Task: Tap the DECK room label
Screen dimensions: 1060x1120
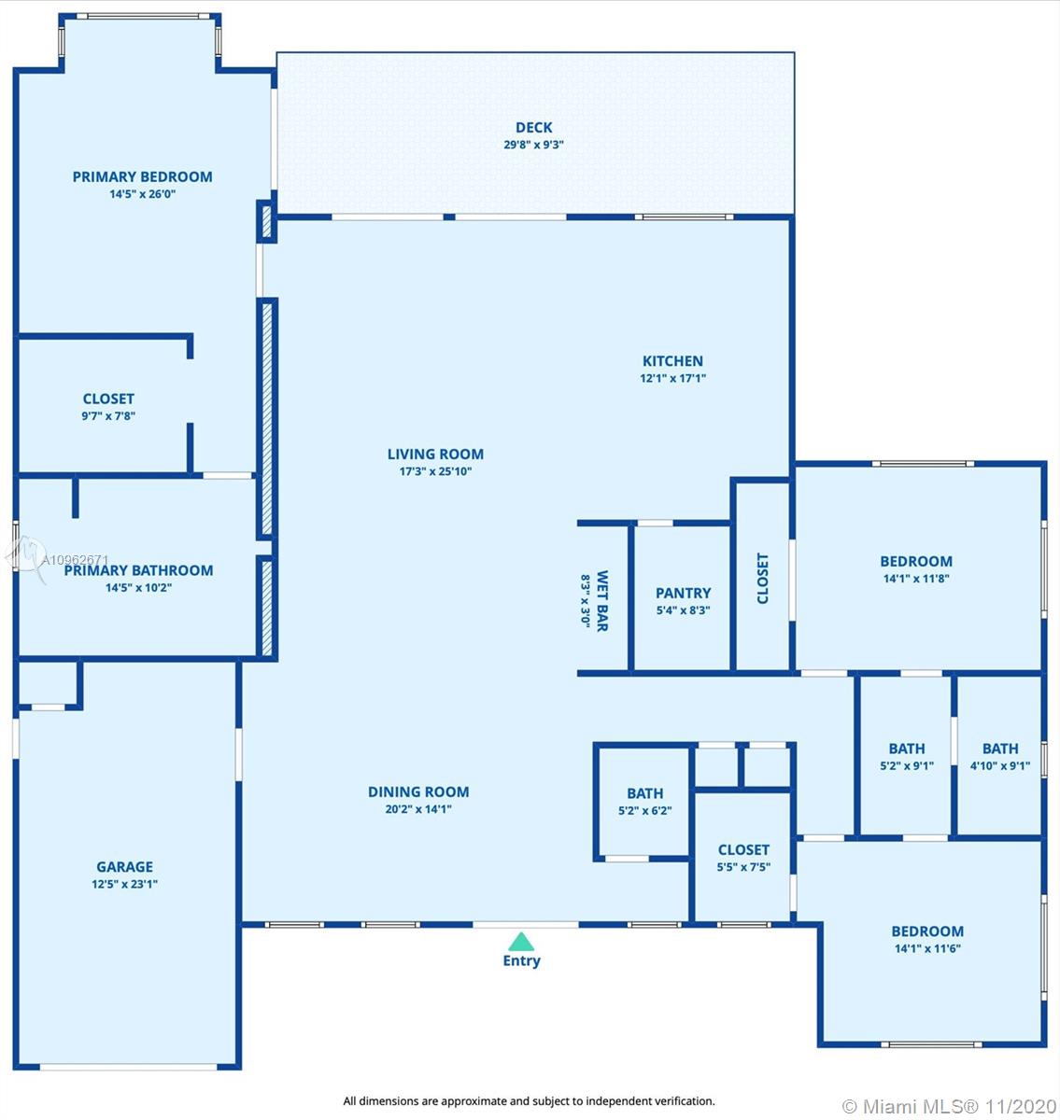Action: (x=533, y=128)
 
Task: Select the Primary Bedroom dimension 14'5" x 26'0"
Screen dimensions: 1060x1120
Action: (x=143, y=194)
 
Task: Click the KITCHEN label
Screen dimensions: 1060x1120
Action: (x=672, y=361)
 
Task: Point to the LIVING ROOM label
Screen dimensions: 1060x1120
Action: (x=435, y=454)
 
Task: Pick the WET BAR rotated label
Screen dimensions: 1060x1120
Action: (x=602, y=600)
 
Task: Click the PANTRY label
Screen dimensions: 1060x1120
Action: (x=683, y=593)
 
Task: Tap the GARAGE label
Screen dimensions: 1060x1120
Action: (x=125, y=866)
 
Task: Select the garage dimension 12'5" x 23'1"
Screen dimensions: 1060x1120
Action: (x=125, y=884)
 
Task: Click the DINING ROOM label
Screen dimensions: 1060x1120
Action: (x=418, y=791)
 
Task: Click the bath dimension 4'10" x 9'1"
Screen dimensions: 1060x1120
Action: (x=1000, y=765)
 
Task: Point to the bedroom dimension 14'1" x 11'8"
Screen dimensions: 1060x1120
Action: (x=916, y=579)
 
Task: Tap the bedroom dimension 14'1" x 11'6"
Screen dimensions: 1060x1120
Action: (x=927, y=948)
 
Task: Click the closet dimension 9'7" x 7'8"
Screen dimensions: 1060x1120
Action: (x=108, y=416)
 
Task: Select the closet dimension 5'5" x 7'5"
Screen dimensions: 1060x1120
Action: (x=743, y=867)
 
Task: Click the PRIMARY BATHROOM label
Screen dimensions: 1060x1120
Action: (x=138, y=570)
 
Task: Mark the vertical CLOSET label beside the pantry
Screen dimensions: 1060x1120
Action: (x=762, y=579)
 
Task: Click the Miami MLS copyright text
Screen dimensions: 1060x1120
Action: (x=950, y=1106)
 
